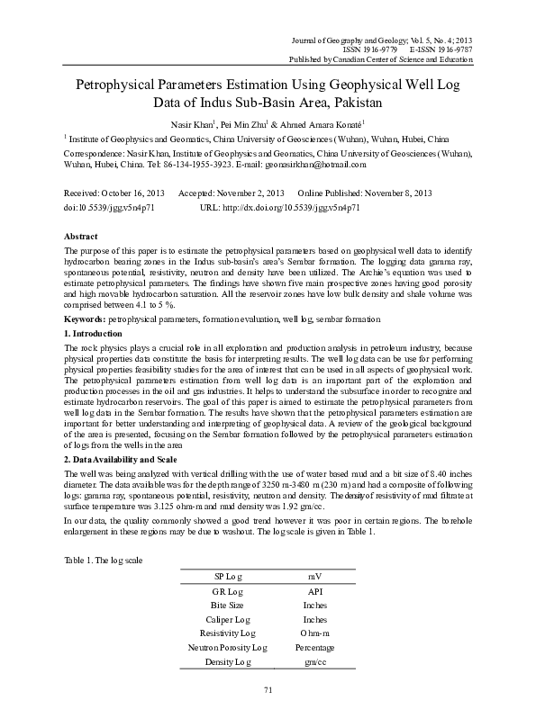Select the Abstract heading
[80, 234]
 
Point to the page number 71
[268, 689]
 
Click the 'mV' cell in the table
[314, 575]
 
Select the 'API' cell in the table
[314, 591]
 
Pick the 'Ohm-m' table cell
[314, 633]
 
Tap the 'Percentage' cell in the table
[314, 647]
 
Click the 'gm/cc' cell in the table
[314, 661]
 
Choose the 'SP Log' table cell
[227, 575]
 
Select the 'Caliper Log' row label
[227, 619]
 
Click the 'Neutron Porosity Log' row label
[227, 647]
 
